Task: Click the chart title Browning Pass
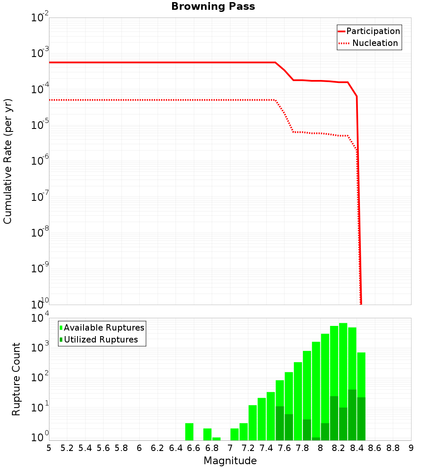point(213,6)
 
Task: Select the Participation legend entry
point(373,31)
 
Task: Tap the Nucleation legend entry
point(375,43)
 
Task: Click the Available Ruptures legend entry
point(104,328)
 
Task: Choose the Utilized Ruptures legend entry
point(101,340)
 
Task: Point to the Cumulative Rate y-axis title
point(8,161)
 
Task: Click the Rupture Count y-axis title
point(16,379)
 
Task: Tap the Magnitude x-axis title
point(230,461)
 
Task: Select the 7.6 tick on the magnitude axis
point(285,448)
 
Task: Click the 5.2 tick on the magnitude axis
point(67,448)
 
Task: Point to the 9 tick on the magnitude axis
point(411,448)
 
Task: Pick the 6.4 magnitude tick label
point(176,448)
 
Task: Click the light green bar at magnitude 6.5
point(189,431)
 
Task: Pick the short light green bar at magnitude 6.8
point(216,439)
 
